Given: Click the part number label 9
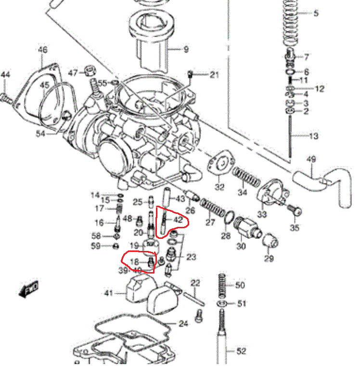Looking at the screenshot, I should point(186,49).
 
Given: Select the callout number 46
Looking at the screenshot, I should point(43,50).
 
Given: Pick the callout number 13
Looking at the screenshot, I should point(313,136).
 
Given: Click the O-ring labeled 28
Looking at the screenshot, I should point(230,218).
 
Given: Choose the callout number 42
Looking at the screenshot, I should point(178,220).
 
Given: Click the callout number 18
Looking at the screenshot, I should point(134,262).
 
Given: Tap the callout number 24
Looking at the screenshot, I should point(183,324).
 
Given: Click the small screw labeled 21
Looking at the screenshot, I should point(190,74).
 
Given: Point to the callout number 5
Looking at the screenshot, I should point(316,13).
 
